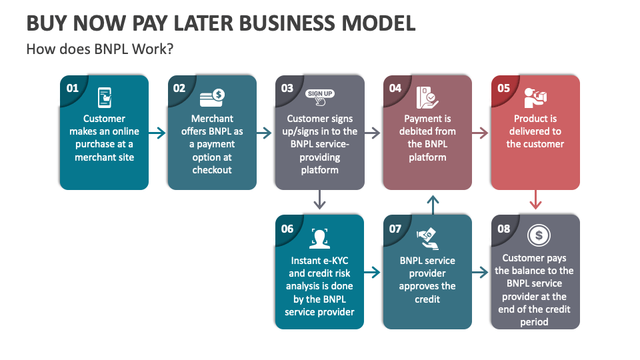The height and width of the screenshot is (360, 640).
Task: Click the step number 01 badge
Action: tap(72, 88)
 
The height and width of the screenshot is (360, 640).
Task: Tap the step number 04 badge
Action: tap(395, 88)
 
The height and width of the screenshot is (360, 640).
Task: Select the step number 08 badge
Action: tap(503, 229)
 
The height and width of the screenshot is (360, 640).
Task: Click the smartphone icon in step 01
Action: tap(104, 98)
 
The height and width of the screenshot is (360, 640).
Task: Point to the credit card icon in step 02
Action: tap(212, 98)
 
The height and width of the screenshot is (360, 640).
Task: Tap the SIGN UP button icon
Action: tap(320, 97)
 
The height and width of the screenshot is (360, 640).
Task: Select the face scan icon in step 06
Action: tap(320, 238)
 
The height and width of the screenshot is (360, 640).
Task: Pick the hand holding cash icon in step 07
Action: tap(427, 237)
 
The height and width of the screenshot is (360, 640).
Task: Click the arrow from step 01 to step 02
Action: tap(157, 133)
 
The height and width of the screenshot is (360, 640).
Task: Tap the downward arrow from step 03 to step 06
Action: tap(320, 200)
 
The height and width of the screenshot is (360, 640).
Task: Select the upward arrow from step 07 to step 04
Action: tap(433, 204)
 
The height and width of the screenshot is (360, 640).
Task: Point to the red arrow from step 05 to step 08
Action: tap(535, 200)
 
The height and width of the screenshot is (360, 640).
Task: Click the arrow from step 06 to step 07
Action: tap(373, 272)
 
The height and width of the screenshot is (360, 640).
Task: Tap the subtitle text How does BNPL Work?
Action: tap(100, 49)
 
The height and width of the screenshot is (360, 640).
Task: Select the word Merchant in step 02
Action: tap(212, 119)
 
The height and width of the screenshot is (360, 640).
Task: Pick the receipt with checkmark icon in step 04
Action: tap(427, 98)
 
